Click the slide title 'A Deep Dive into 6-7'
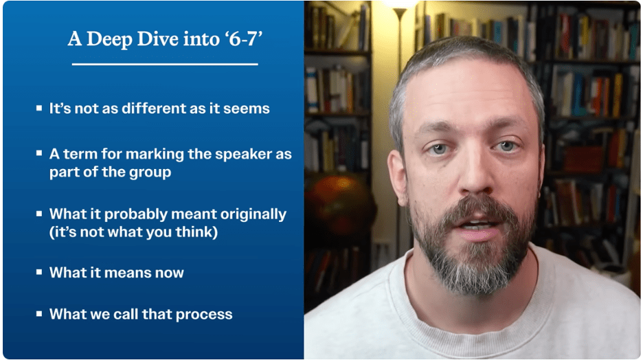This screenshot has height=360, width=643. (165, 39)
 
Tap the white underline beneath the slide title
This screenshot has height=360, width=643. (165, 65)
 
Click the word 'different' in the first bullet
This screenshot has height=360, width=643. (155, 109)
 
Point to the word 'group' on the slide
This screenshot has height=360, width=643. (150, 173)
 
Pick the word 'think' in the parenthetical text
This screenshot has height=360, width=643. (196, 232)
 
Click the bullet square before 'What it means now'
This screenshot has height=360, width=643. (39, 272)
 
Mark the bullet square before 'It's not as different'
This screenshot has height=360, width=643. (39, 108)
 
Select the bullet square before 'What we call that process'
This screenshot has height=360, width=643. (39, 314)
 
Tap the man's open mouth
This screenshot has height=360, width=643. (477, 227)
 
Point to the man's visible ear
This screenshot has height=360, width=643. (398, 177)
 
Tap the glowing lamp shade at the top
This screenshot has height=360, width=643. (399, 5)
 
